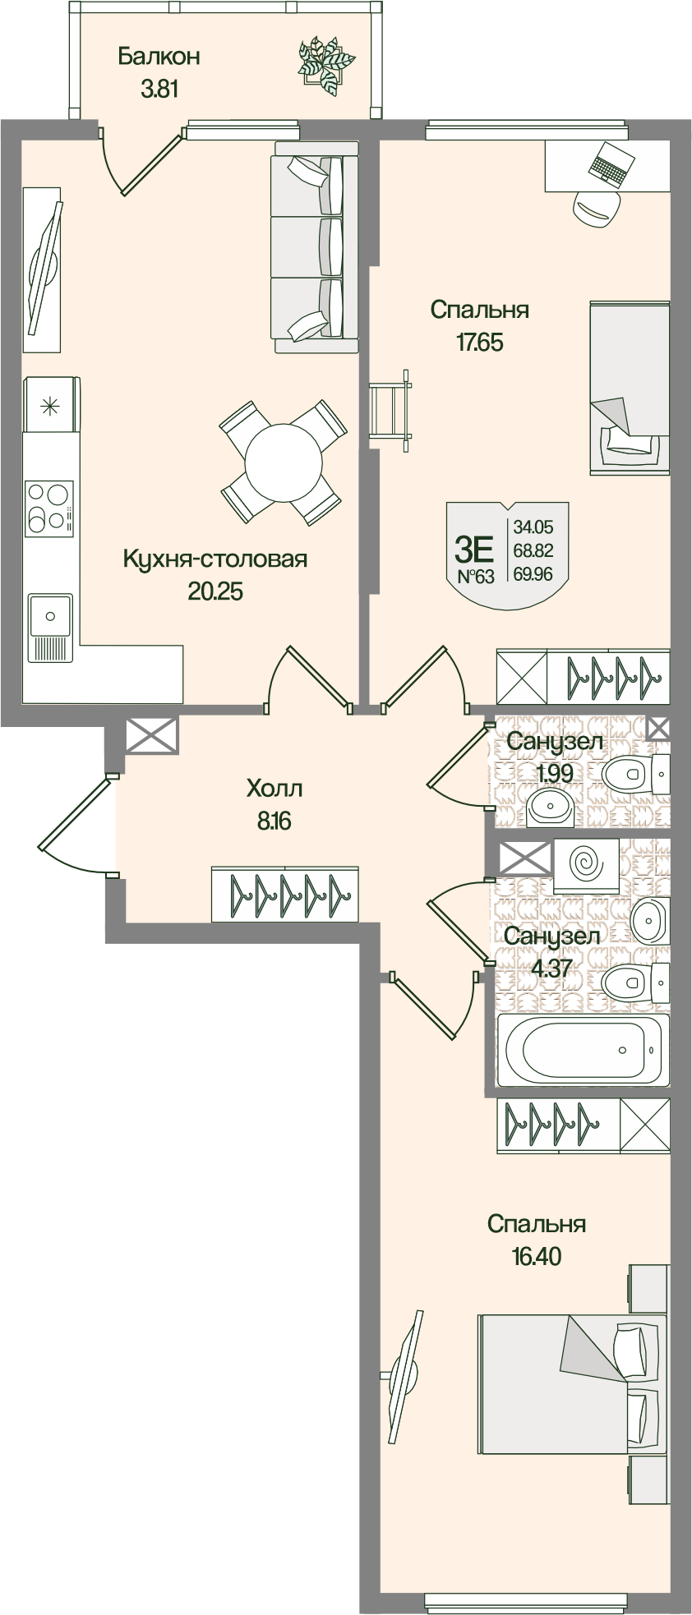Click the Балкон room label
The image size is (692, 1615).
[159, 57]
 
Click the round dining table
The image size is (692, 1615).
[283, 462]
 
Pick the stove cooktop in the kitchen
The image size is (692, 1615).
[48, 507]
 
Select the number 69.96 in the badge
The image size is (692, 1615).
[533, 574]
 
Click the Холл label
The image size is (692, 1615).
[274, 789]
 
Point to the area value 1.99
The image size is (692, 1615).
[555, 772]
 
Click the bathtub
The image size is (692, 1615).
[582, 1050]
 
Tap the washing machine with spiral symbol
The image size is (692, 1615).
[586, 866]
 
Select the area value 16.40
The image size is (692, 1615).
[536, 1256]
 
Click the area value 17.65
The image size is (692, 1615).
[480, 342]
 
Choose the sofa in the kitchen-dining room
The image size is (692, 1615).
[315, 247]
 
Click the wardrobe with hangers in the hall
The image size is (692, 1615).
[284, 894]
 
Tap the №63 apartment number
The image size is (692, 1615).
[476, 576]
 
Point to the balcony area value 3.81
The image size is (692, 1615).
[159, 89]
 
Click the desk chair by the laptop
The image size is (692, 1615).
[595, 207]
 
